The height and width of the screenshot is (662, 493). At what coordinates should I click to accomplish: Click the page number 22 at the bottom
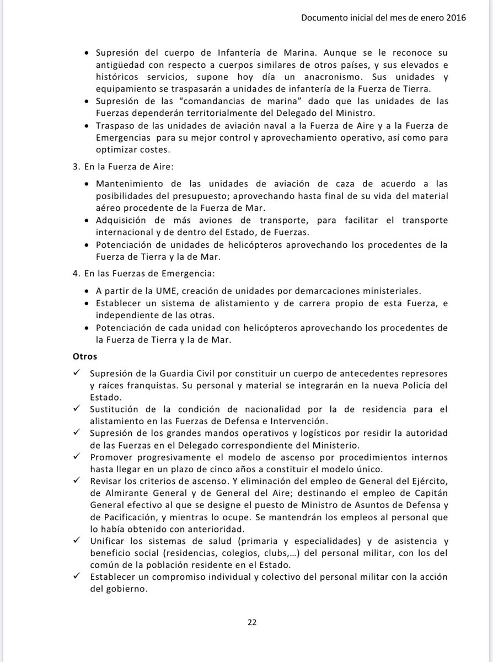click(x=251, y=622)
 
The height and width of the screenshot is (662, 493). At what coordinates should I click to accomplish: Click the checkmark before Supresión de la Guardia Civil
click(x=76, y=373)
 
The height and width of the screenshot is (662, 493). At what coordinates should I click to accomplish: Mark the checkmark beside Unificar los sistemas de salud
click(x=76, y=542)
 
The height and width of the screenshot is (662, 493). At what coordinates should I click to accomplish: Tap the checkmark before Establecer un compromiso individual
click(x=76, y=577)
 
